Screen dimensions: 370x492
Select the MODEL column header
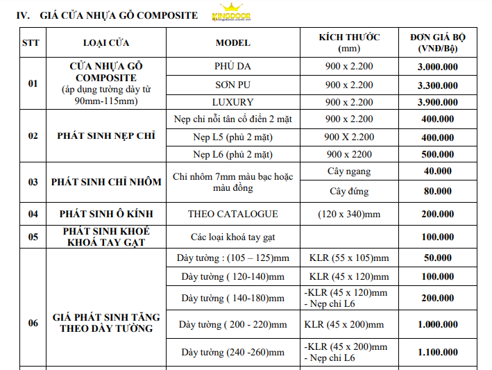232,43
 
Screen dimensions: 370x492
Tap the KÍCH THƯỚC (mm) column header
349,43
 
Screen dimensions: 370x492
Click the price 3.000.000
437,67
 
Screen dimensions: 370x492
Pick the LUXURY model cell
232,102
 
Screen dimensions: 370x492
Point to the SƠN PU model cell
232,85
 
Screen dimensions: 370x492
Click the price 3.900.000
437,102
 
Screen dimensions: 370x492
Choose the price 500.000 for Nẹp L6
437,153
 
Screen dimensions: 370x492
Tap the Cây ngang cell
349,171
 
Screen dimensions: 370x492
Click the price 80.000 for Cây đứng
437,191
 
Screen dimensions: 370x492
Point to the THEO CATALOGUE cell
232,214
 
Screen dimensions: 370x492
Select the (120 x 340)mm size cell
349,214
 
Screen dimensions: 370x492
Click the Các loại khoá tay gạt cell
232,237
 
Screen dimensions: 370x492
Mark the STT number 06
33,323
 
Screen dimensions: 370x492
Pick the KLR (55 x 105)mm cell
349,258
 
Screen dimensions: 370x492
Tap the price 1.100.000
437,352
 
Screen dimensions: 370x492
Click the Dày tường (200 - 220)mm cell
232,324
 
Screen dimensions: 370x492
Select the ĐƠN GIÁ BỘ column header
437,43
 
